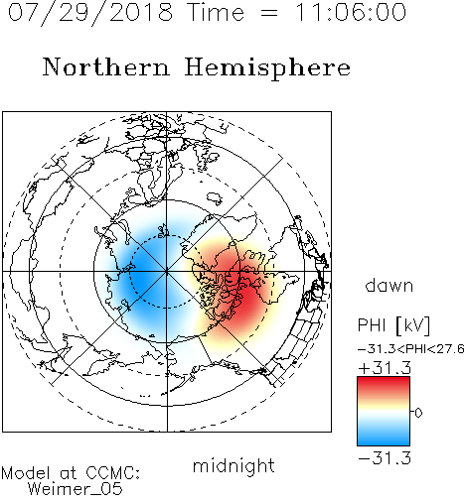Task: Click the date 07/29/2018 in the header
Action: (90, 13)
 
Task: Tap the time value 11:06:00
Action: (351, 13)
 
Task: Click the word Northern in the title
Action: (106, 67)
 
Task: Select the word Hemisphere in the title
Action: (267, 67)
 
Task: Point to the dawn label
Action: (389, 285)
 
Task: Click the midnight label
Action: (233, 466)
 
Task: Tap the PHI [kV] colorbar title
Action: (393, 325)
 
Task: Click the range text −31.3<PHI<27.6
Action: (411, 349)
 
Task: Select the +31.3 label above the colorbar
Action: (385, 367)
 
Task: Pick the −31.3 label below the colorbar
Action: (385, 458)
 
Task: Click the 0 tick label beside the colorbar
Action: (418, 413)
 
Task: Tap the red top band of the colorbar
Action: (384, 385)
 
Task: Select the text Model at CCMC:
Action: (71, 473)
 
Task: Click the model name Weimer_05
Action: (76, 489)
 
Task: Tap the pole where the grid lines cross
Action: (167, 271)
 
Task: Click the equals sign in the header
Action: (269, 13)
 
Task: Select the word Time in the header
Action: (216, 13)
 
